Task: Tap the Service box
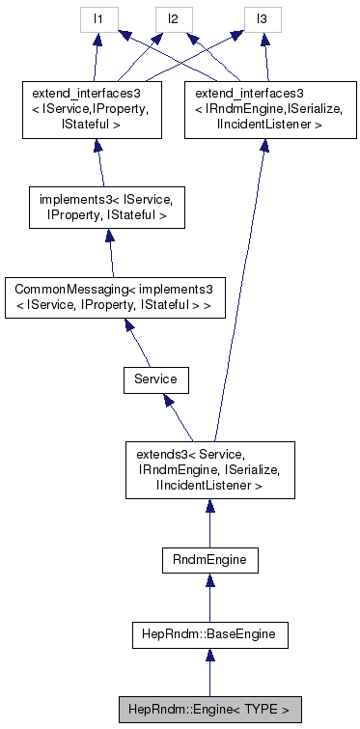pyautogui.click(x=154, y=379)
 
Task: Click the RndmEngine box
pyautogui.click(x=208, y=558)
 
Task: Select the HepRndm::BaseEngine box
pyautogui.click(x=208, y=634)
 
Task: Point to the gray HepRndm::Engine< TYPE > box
pyautogui.click(x=208, y=710)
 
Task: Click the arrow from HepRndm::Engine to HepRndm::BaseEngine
pyautogui.click(x=208, y=674)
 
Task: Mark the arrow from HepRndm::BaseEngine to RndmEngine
pyautogui.click(x=208, y=597)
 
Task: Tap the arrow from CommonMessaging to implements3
pyautogui.click(x=109, y=256)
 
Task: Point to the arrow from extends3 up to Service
pyautogui.click(x=180, y=417)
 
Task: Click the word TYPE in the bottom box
pyautogui.click(x=268, y=710)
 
